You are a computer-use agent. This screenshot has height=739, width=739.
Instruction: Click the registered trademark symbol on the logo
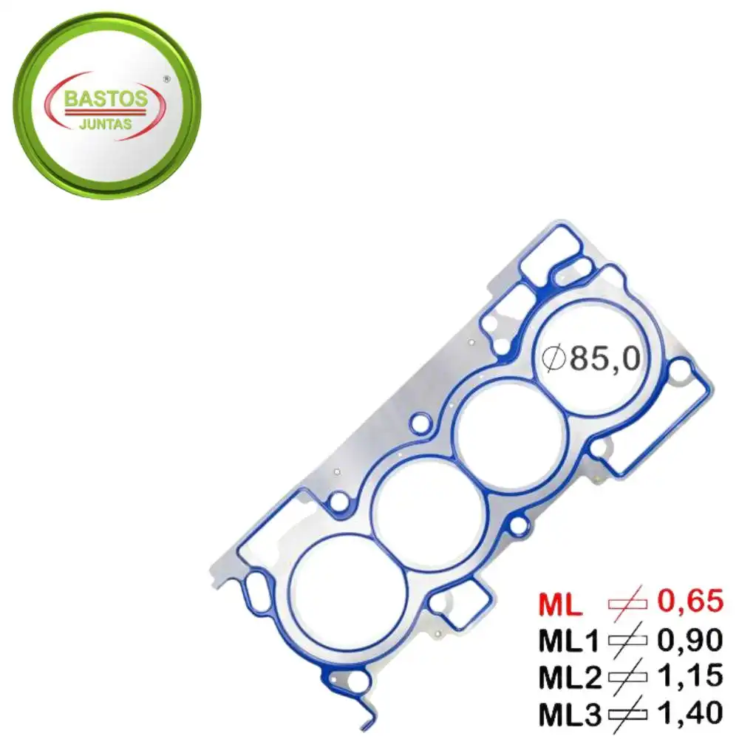[x=166, y=78]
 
